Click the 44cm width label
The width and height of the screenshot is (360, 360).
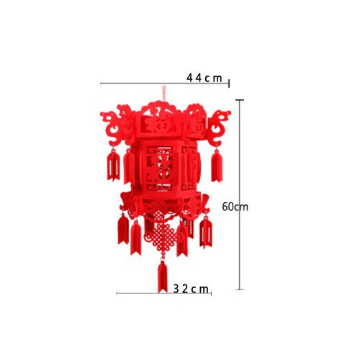[204, 77]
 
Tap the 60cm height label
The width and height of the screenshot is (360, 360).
[235, 207]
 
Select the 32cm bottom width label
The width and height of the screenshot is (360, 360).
[192, 289]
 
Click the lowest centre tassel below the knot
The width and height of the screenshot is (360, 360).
[163, 276]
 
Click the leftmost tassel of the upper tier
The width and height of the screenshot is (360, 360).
[113, 166]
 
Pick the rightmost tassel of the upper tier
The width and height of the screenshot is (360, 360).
[215, 166]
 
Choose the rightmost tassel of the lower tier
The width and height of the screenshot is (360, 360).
[206, 231]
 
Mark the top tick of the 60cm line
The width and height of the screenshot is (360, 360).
[240, 100]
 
